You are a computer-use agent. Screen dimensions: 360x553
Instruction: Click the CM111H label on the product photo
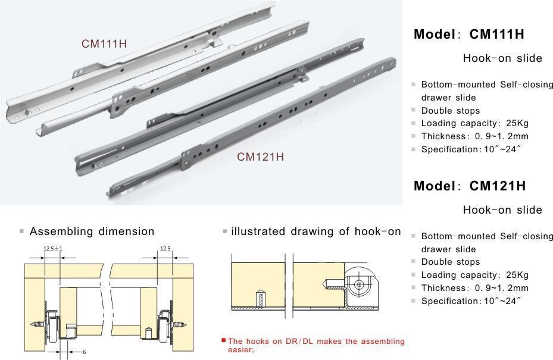point(104,43)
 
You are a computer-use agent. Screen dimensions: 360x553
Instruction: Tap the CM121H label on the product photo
point(260,157)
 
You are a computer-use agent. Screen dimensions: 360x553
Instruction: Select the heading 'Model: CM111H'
point(469,35)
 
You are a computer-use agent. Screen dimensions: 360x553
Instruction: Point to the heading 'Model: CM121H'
point(469,186)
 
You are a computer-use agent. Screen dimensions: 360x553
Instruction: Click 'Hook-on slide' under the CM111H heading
point(502,58)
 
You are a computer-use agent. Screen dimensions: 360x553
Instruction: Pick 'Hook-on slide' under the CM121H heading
point(502,210)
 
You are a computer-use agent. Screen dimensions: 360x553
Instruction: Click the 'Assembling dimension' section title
point(92,231)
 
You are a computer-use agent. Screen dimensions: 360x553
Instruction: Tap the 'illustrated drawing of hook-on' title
point(315,231)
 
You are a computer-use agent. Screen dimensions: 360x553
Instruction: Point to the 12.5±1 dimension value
point(53,249)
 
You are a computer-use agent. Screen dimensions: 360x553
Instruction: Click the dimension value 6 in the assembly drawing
point(85,352)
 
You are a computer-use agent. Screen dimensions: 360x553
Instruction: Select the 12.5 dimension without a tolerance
point(165,249)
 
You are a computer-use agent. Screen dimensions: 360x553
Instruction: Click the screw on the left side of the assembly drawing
point(36,324)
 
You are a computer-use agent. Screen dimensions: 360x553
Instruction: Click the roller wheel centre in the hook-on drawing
point(359,285)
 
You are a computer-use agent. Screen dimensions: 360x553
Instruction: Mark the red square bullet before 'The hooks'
point(224,340)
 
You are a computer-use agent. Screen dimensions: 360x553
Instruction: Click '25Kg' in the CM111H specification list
point(515,124)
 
